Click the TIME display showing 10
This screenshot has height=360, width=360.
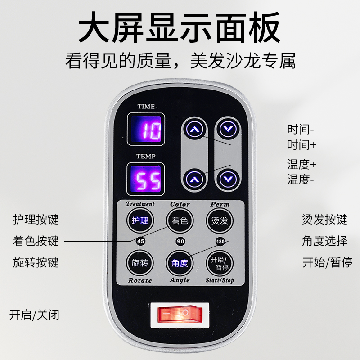coord(146,129)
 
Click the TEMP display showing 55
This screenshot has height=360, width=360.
coord(146,179)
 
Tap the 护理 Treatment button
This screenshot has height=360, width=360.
coord(140,220)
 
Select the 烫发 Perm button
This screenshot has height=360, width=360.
coord(220,220)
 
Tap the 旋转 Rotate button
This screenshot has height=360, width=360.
coord(140,262)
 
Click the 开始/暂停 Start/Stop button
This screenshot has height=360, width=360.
coord(220,262)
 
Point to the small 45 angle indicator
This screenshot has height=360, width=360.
coord(140,241)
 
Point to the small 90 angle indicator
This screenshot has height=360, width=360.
coord(180,241)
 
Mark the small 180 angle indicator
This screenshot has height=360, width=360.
coord(220,241)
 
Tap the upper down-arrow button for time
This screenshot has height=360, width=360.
coord(228,130)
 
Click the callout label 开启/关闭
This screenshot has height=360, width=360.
coord(34,314)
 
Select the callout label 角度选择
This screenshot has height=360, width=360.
coord(324,241)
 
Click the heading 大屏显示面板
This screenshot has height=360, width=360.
coord(180,28)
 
